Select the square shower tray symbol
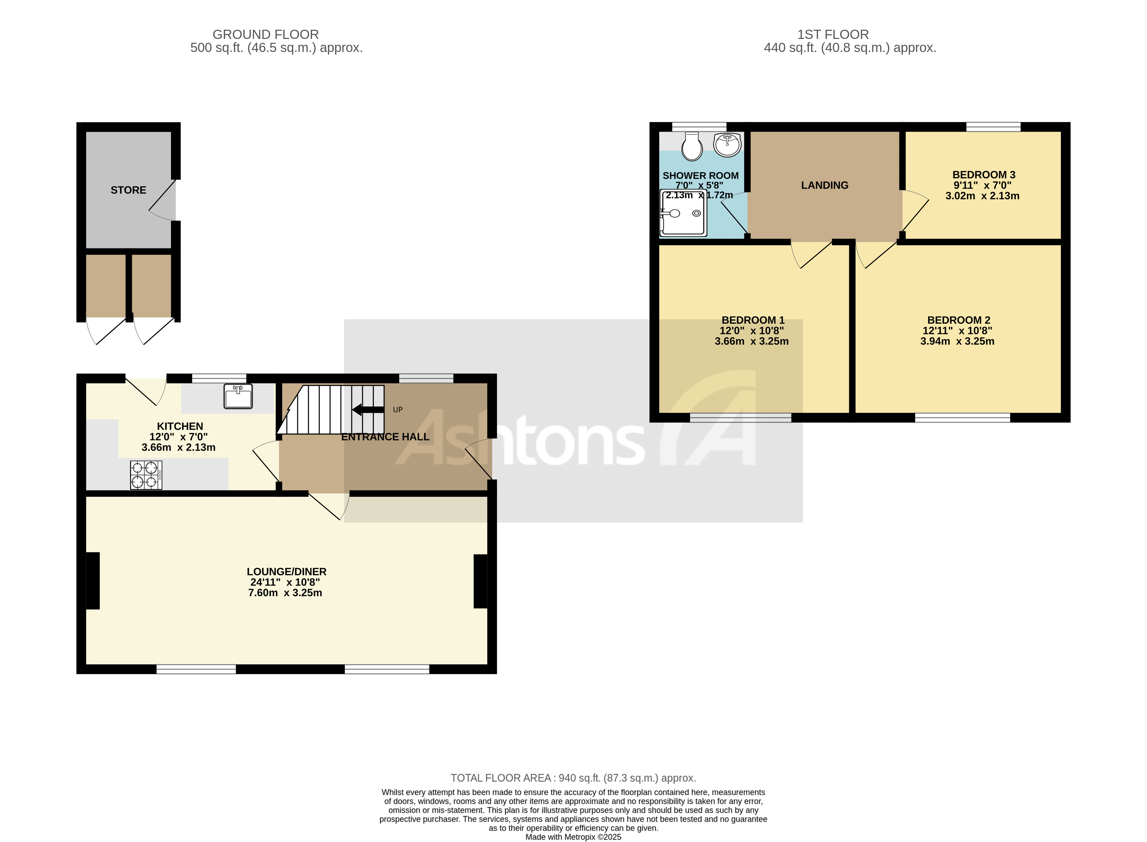pos(684,213)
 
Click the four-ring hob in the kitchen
pos(146,475)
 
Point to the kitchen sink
pos(238,397)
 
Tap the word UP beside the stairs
pos(398,410)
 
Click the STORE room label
pos(129,190)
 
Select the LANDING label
pos(824,185)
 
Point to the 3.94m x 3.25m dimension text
pos(957,341)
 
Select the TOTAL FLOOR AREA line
pos(573,778)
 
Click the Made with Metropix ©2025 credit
pos(573,836)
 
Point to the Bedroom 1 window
pos(740,418)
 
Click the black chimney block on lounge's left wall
pos(93,580)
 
